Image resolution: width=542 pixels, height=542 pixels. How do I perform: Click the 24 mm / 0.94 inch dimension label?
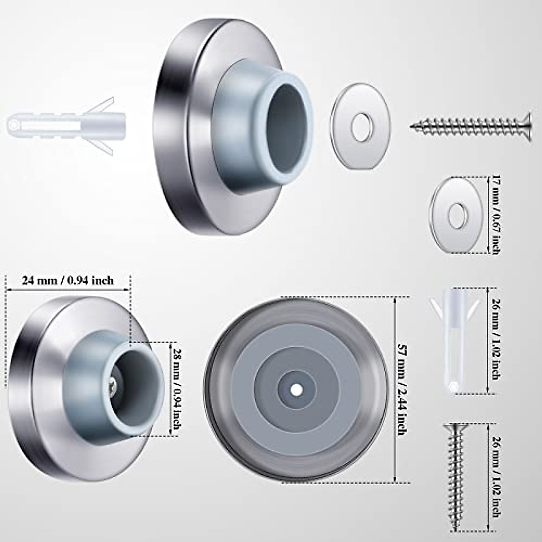point(68,281)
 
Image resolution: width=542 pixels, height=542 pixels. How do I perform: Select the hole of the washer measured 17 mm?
point(457,214)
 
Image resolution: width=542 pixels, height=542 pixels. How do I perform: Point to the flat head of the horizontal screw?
point(524,124)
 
